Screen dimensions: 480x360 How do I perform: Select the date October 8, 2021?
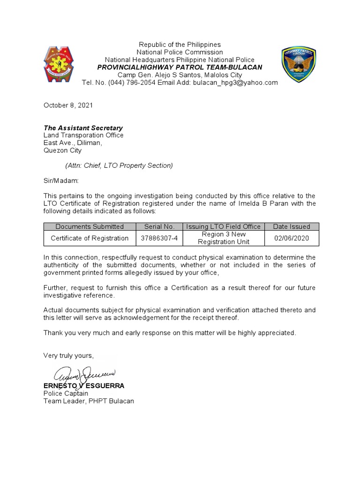click(x=68, y=105)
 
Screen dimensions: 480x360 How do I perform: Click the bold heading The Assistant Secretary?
click(x=83, y=127)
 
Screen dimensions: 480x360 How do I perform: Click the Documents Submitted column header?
click(x=90, y=226)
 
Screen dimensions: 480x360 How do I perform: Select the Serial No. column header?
click(x=159, y=226)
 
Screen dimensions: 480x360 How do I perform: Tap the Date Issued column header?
click(x=291, y=226)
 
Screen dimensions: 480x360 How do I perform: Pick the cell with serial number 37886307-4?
click(x=159, y=238)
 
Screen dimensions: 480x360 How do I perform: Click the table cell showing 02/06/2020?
click(x=291, y=238)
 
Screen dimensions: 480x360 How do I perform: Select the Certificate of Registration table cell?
click(x=90, y=238)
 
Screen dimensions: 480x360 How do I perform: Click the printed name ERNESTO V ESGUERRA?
click(x=83, y=386)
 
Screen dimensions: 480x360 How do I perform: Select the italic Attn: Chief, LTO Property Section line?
click(x=119, y=165)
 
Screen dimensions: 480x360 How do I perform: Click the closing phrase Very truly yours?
click(x=68, y=355)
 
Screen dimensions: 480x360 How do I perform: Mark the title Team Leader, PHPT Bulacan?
click(x=89, y=401)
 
